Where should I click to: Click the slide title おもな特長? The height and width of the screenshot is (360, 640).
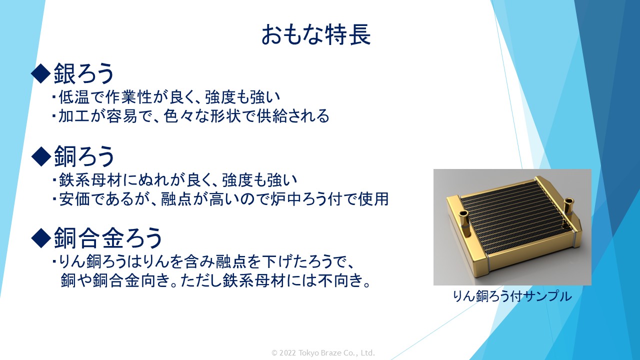(316, 34)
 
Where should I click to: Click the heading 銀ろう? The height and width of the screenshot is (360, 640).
(84, 73)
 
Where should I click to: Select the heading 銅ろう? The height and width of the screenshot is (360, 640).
(84, 156)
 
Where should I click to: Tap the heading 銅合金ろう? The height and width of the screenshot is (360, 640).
(108, 238)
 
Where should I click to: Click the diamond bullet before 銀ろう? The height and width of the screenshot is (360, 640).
(41, 73)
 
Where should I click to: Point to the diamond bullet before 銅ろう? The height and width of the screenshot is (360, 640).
(41, 156)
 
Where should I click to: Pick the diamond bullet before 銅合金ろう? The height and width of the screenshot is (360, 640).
(41, 238)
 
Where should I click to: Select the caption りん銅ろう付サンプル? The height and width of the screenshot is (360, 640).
(512, 296)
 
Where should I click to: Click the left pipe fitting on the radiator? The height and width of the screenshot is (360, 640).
(464, 225)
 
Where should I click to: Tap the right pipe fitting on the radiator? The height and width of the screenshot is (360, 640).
(568, 207)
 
